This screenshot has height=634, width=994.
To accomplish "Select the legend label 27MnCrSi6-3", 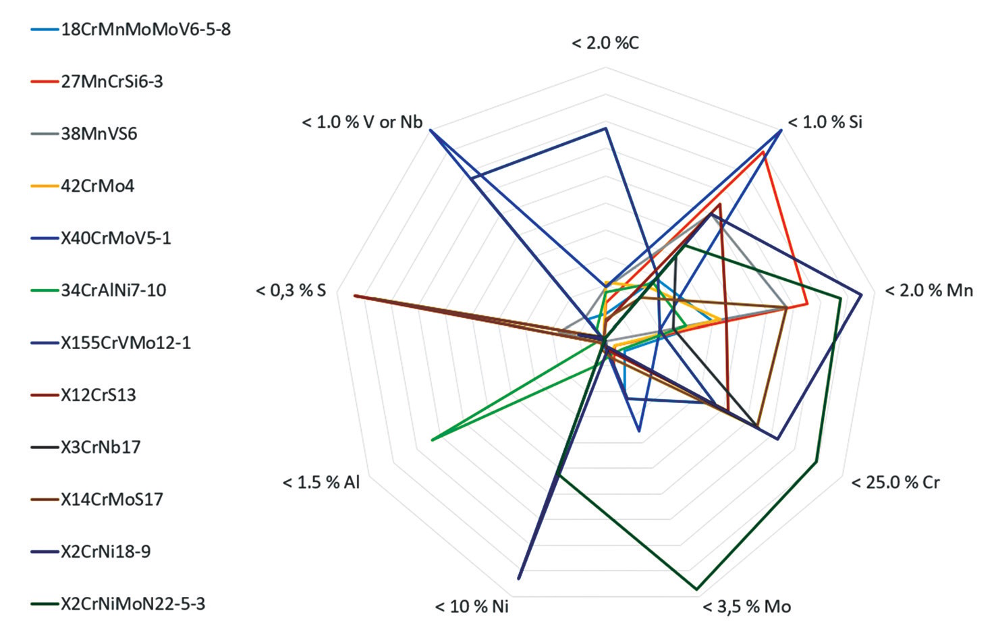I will [x=112, y=82].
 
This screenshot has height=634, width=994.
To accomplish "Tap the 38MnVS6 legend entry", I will [x=99, y=134].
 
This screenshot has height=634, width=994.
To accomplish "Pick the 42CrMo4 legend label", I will [x=97, y=186].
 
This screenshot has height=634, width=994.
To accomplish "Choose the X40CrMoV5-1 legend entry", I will [x=116, y=238].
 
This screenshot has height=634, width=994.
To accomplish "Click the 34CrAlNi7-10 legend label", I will [x=113, y=290].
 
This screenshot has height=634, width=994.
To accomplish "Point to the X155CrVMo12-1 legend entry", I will [x=126, y=343].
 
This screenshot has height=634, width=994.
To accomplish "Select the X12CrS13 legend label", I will [x=99, y=395].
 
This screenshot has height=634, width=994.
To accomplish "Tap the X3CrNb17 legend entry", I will [x=101, y=447].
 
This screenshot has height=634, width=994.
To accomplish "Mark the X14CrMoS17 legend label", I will [x=112, y=500].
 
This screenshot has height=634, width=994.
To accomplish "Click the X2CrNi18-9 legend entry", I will [x=106, y=552].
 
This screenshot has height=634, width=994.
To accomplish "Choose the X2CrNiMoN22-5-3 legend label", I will [x=133, y=604].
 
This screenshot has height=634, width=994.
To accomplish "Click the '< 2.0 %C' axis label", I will [x=605, y=44].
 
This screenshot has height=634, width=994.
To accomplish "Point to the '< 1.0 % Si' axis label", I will [x=825, y=122].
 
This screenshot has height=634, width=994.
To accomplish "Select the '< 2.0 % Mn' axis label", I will [x=929, y=291].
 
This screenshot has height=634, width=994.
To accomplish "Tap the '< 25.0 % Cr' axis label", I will [x=895, y=483].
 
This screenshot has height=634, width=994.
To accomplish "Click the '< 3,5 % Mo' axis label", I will [x=746, y=607].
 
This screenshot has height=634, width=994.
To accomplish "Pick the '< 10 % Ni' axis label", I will [x=472, y=607].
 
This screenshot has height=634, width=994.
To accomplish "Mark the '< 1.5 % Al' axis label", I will [x=321, y=483].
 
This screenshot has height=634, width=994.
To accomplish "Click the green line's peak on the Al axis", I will [x=432, y=440].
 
